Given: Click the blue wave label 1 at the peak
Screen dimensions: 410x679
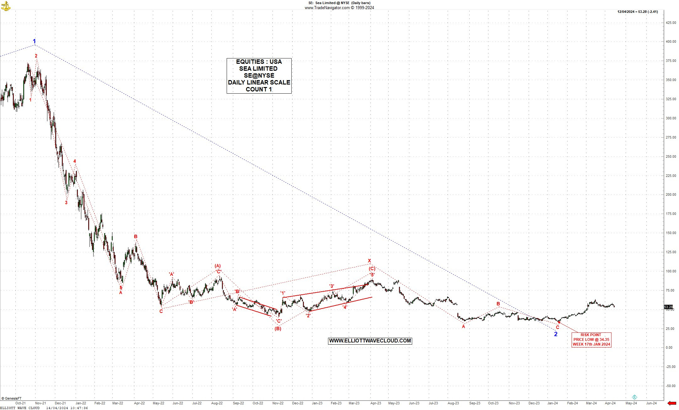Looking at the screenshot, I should tap(35, 41).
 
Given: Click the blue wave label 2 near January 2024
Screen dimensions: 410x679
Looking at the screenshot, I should tap(556, 334).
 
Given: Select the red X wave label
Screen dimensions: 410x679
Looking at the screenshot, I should tap(369, 261).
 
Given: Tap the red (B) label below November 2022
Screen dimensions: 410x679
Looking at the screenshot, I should tap(278, 329).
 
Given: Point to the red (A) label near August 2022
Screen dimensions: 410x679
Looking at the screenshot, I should tap(218, 266).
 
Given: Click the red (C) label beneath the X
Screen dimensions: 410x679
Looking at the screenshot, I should tap(372, 269).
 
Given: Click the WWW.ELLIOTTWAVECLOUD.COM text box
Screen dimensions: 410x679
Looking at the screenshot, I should tap(370, 341).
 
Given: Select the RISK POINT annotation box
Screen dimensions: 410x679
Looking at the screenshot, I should tap(591, 340).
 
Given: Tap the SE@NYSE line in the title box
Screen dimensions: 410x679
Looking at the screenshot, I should tap(259, 75).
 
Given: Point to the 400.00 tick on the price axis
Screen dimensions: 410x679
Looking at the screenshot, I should tap(671, 42).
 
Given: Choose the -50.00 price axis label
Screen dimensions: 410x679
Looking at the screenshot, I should tap(671, 386).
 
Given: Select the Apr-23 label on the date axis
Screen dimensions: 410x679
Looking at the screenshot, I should tap(375, 403).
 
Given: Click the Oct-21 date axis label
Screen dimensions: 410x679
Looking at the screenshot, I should tap(20, 403).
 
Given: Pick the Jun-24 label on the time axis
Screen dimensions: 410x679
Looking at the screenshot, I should tap(651, 403).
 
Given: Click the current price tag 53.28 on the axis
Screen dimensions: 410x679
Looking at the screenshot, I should tap(668, 307).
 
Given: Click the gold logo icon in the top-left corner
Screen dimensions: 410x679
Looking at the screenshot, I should tap(6, 6).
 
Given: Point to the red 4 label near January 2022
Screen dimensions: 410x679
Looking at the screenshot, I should tap(75, 161).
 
